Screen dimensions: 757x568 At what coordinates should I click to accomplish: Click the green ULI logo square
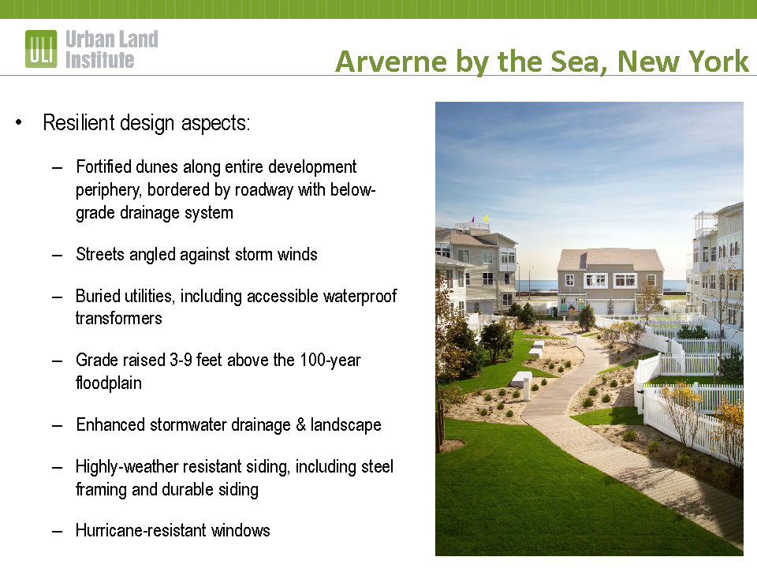(x=41, y=49)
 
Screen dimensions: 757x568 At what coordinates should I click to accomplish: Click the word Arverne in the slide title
(x=391, y=62)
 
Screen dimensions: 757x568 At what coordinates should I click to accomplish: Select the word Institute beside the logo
(x=100, y=60)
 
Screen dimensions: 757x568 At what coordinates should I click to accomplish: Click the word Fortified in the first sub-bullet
(x=103, y=166)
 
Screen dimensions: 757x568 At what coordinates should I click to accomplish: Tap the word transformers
(x=119, y=318)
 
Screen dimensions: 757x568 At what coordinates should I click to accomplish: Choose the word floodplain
(x=109, y=383)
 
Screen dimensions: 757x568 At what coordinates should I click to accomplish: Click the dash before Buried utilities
(x=58, y=297)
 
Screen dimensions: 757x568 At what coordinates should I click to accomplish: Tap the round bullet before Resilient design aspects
(x=19, y=122)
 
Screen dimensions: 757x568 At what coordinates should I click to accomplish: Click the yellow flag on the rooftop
(x=486, y=219)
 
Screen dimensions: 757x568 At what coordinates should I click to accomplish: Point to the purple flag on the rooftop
(x=473, y=219)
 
